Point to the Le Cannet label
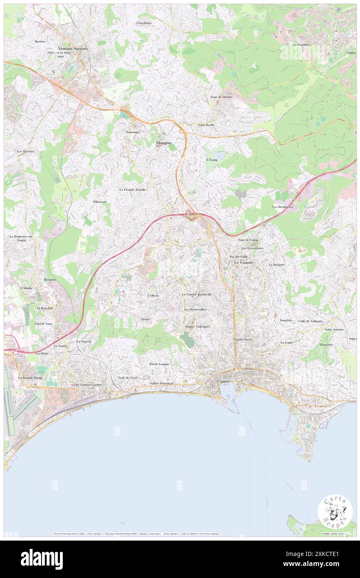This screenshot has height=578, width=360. click(244, 263)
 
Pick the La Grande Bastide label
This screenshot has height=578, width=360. click(132, 190)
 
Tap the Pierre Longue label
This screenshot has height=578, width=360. click(159, 364)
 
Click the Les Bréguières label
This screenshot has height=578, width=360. click(283, 207)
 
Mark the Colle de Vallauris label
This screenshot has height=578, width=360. click(310, 321)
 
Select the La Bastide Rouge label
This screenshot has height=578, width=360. click(30, 378)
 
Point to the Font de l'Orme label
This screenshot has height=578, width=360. click(221, 97)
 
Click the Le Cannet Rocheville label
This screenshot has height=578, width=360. click(197, 294)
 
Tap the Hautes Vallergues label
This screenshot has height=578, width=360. click(197, 326)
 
